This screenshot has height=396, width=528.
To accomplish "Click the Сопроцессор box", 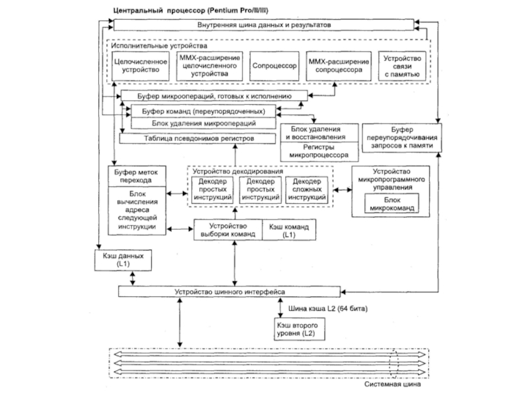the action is click(274, 66).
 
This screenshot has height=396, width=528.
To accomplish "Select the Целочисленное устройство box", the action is click(141, 66).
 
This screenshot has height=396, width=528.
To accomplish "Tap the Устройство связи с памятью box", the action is click(402, 66).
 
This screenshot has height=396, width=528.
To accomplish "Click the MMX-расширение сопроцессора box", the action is click(339, 66).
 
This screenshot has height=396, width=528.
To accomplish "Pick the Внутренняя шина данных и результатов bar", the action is click(263, 25).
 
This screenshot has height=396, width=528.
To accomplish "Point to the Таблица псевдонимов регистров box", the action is click(197, 139).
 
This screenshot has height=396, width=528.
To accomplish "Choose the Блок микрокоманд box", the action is click(391, 203).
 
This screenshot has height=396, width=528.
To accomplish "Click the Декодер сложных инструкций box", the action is click(307, 189).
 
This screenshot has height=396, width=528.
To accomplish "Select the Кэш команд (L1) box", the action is click(289, 230).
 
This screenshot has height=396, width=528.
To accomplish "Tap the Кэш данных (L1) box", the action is click(123, 260).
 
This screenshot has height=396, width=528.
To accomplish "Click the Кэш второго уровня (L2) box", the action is click(300, 329).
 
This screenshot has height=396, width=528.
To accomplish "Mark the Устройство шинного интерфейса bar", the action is click(229, 292).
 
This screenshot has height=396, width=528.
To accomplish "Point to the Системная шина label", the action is click(392, 384).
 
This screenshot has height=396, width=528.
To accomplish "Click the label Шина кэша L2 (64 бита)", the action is click(328, 308).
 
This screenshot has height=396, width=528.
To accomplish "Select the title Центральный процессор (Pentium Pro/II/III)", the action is click(191, 10).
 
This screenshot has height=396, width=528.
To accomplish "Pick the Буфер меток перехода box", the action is click(137, 176).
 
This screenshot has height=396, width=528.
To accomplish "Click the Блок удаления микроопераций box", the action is click(203, 123).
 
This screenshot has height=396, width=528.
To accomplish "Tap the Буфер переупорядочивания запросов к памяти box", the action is click(402, 138).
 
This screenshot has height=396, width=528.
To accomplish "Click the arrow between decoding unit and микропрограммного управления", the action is click(343, 190).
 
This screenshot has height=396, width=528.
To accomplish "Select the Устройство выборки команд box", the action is click(228, 230).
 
